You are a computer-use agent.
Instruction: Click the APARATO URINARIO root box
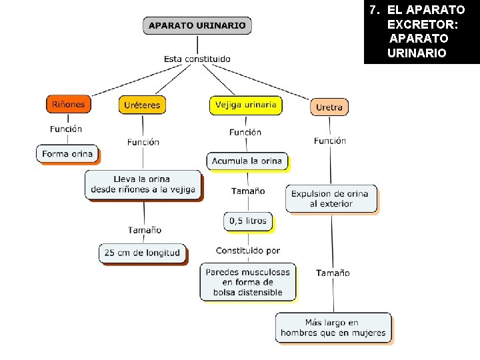click(197, 26)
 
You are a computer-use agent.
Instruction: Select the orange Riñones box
click(68, 104)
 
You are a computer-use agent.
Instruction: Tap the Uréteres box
click(141, 105)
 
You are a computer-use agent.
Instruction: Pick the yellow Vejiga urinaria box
click(245, 105)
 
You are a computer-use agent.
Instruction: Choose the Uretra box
click(329, 107)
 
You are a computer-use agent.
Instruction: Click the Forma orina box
click(67, 153)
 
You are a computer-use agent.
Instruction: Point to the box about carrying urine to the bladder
click(143, 184)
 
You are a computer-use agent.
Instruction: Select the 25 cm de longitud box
click(143, 253)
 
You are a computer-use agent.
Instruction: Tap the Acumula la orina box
click(247, 161)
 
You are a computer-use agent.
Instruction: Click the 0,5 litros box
click(247, 221)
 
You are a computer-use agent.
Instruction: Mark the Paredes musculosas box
click(247, 282)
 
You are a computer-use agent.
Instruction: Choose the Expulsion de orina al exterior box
click(331, 199)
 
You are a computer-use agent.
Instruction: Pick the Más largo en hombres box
click(333, 327)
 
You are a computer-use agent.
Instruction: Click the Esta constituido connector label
click(197, 59)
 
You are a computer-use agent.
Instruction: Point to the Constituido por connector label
click(247, 251)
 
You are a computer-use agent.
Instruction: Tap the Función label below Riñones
click(66, 129)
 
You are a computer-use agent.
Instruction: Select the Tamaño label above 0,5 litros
click(248, 191)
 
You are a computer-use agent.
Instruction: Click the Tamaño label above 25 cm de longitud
click(145, 230)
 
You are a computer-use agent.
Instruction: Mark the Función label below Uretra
click(330, 141)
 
